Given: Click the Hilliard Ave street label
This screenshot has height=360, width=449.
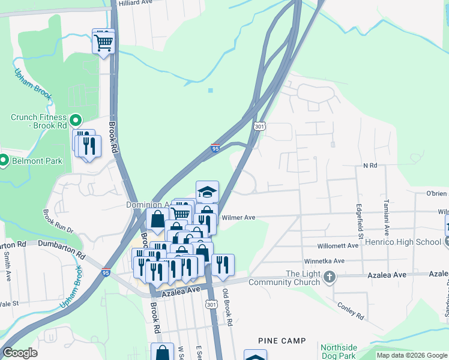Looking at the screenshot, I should [x=136, y=3].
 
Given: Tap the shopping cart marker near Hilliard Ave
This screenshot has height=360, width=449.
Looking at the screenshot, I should [x=103, y=42].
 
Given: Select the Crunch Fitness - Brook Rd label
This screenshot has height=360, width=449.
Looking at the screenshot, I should [x=38, y=122].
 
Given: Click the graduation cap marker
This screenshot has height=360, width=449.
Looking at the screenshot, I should [x=207, y=192].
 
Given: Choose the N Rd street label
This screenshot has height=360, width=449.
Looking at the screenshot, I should [x=370, y=165].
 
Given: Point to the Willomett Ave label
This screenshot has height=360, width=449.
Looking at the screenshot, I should [x=340, y=246].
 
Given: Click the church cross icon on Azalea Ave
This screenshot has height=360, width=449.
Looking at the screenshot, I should [x=328, y=277].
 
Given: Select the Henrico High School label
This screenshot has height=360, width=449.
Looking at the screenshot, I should [x=411, y=242].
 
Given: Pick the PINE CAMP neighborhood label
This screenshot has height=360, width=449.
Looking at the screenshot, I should [x=282, y=341].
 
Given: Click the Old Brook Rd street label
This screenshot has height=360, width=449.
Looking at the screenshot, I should [x=228, y=308].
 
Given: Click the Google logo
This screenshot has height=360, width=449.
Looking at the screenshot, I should [x=20, y=353].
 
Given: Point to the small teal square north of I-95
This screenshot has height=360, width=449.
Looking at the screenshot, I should [x=210, y=91].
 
